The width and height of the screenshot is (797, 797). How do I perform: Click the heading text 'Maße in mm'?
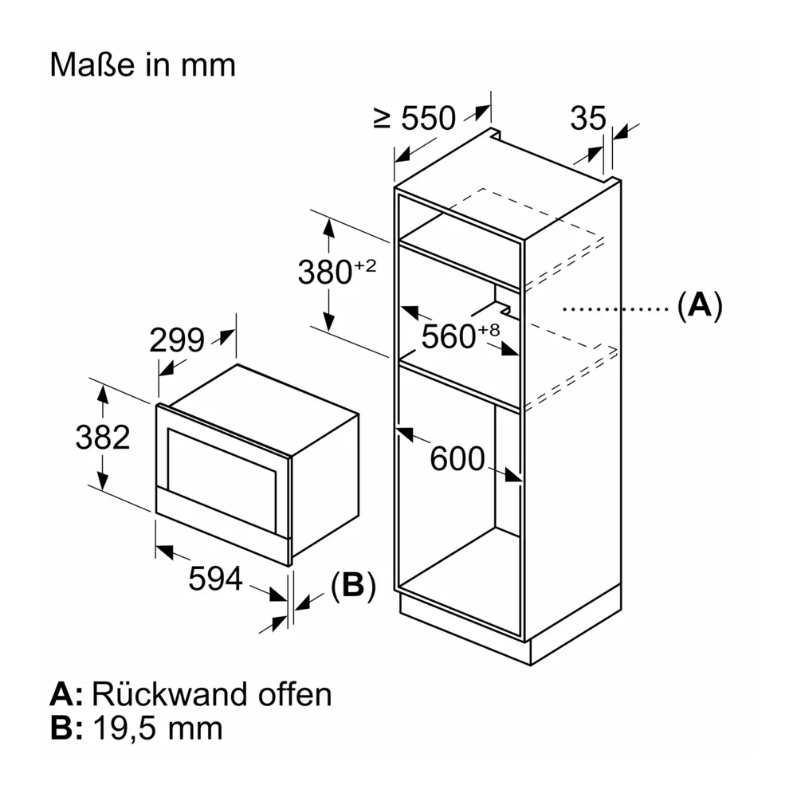click(x=143, y=65)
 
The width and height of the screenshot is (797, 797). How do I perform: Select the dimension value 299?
click(x=177, y=340)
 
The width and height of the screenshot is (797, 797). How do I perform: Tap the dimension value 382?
click(x=103, y=437)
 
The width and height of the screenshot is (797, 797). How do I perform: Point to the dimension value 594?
click(x=215, y=579)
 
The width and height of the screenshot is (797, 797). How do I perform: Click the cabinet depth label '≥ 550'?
click(x=414, y=118)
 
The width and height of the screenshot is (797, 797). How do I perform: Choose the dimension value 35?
click(x=588, y=118)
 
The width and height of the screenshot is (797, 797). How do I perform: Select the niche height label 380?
click(x=325, y=272)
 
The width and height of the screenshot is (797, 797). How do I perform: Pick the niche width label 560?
click(x=449, y=336)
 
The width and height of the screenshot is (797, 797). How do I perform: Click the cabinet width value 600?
click(x=457, y=458)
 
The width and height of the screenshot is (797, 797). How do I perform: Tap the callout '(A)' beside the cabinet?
click(x=700, y=305)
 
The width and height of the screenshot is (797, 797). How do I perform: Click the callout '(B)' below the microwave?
click(x=353, y=586)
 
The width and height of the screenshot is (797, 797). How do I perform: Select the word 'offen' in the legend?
click(x=295, y=694)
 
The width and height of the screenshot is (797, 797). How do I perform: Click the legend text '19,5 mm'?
click(x=158, y=728)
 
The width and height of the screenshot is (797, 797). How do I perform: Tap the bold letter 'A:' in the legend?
click(x=66, y=694)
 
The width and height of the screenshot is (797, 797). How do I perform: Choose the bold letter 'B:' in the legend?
click(x=66, y=728)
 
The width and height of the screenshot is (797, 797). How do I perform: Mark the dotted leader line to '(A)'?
click(x=615, y=308)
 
